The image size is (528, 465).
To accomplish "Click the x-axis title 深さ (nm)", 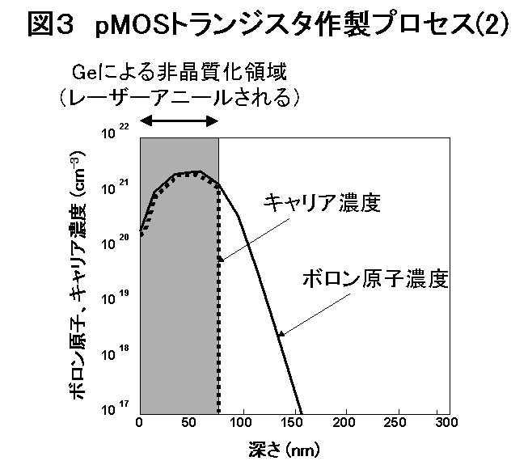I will coord(289,446).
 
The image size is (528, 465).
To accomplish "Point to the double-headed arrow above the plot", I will coord(180,120).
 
